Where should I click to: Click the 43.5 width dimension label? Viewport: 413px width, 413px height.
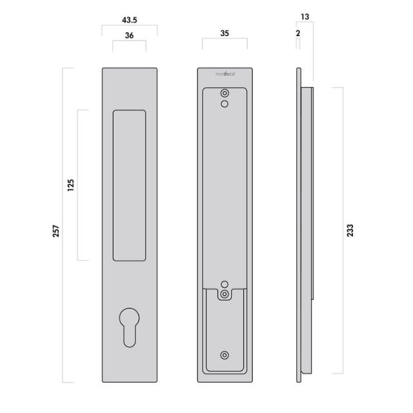129,19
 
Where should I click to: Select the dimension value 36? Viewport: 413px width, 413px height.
129,36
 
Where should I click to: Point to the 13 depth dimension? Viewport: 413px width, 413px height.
305,15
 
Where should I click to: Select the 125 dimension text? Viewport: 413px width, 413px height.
70,185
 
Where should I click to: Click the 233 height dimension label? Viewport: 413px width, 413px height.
350,230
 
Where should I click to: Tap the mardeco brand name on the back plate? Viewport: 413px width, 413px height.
225,74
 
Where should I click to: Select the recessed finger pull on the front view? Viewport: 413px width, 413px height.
129,185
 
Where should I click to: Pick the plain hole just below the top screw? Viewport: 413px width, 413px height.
224,103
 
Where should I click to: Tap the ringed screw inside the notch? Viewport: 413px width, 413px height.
225,294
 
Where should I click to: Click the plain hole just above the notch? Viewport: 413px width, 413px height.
225,285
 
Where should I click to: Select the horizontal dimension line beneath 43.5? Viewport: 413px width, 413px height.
129,26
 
